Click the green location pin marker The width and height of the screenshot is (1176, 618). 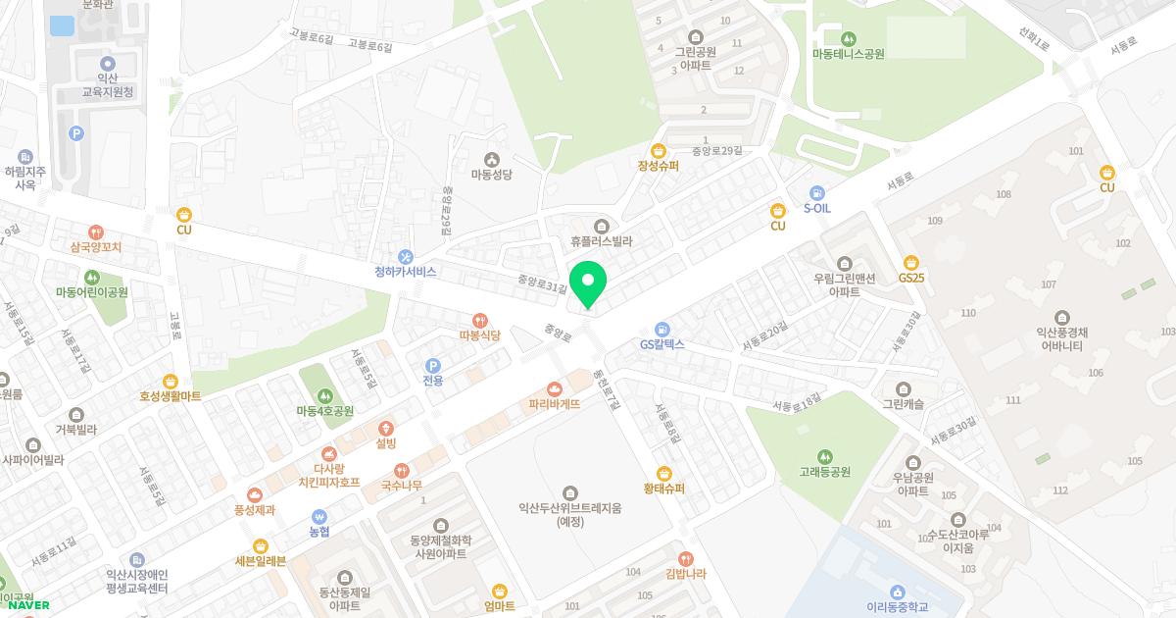click(588, 283)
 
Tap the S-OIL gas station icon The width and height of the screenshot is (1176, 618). click(817, 192)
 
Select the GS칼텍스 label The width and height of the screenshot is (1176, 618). click(661, 345)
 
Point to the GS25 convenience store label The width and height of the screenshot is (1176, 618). click(910, 278)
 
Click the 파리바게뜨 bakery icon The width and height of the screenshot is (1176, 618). click(555, 388)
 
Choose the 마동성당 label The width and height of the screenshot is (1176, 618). click(491, 175)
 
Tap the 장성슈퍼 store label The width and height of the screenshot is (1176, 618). click(658, 166)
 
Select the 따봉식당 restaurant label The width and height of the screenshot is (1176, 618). click(479, 335)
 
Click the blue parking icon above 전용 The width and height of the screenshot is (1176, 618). click(432, 365)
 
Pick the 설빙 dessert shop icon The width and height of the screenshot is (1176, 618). click(385, 429)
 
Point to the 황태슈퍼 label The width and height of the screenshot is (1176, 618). click(663, 489)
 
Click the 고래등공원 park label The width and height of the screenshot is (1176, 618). click(824, 472)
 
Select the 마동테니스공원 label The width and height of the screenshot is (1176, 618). click(848, 54)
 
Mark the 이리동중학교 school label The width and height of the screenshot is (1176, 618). click(897, 606)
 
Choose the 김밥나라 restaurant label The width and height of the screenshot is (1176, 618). click(685, 574)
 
